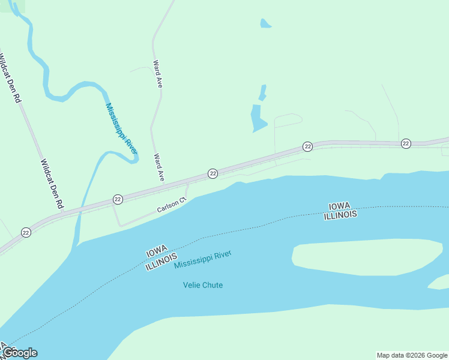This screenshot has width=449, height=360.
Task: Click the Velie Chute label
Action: click(x=203, y=285)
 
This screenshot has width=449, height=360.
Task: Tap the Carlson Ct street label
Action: click(x=172, y=206)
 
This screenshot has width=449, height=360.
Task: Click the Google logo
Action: click(x=20, y=353)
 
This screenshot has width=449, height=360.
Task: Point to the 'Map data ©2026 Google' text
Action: click(x=411, y=355)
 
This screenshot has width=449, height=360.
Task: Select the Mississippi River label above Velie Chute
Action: click(x=202, y=259)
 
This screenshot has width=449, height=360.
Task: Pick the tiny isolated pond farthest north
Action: click(x=265, y=24)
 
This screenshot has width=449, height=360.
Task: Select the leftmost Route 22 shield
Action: click(x=26, y=232)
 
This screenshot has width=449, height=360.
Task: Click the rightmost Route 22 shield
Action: click(x=406, y=143)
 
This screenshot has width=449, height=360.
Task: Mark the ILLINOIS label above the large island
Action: click(x=340, y=214)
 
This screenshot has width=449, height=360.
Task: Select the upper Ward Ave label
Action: click(x=158, y=74)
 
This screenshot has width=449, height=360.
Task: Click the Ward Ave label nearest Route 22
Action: click(x=159, y=167)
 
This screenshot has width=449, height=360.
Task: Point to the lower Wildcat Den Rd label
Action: click(x=52, y=184)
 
